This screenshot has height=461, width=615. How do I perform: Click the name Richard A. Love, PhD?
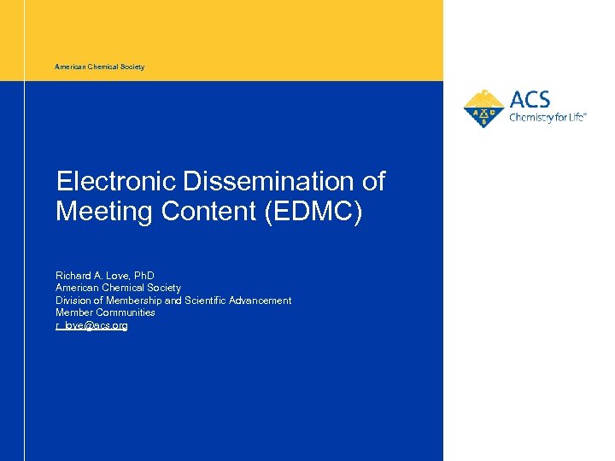tap(105, 276)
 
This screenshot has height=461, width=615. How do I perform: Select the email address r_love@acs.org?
tap(91, 325)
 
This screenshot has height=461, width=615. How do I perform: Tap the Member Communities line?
tap(105, 312)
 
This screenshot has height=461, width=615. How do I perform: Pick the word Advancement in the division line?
tap(260, 301)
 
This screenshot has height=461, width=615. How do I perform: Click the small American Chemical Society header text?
tap(99, 67)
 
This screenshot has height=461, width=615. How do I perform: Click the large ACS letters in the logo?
tap(530, 100)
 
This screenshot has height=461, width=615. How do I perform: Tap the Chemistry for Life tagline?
tap(548, 118)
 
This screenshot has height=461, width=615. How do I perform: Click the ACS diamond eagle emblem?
tap(483, 109)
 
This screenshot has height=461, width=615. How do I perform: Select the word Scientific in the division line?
tap(207, 301)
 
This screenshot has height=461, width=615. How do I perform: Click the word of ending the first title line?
tap(373, 182)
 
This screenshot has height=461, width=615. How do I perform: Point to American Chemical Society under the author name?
tap(118, 288)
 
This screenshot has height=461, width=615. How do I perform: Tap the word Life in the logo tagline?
tap(574, 118)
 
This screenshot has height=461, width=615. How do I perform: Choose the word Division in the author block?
tap(73, 301)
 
